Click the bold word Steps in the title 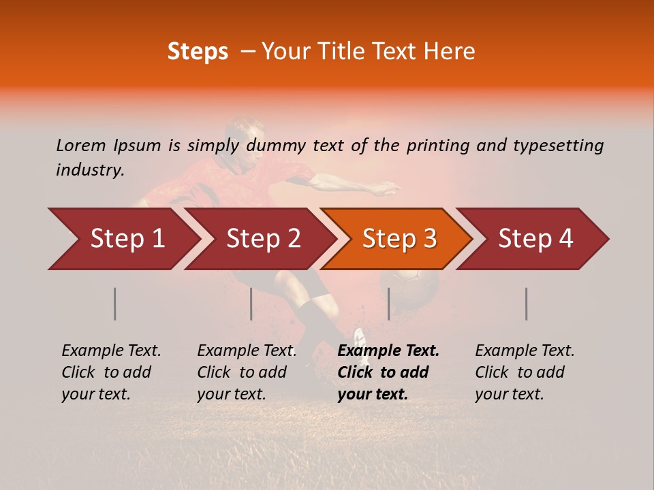point(198,52)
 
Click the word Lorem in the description point(80,145)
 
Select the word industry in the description point(89,169)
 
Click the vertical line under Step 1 point(115,304)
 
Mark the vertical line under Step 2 point(251,304)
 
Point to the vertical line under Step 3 point(388,304)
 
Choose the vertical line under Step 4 point(526,304)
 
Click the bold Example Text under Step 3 point(388,350)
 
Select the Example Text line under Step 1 point(111,350)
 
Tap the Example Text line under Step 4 point(525,350)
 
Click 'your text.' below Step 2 point(232,394)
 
